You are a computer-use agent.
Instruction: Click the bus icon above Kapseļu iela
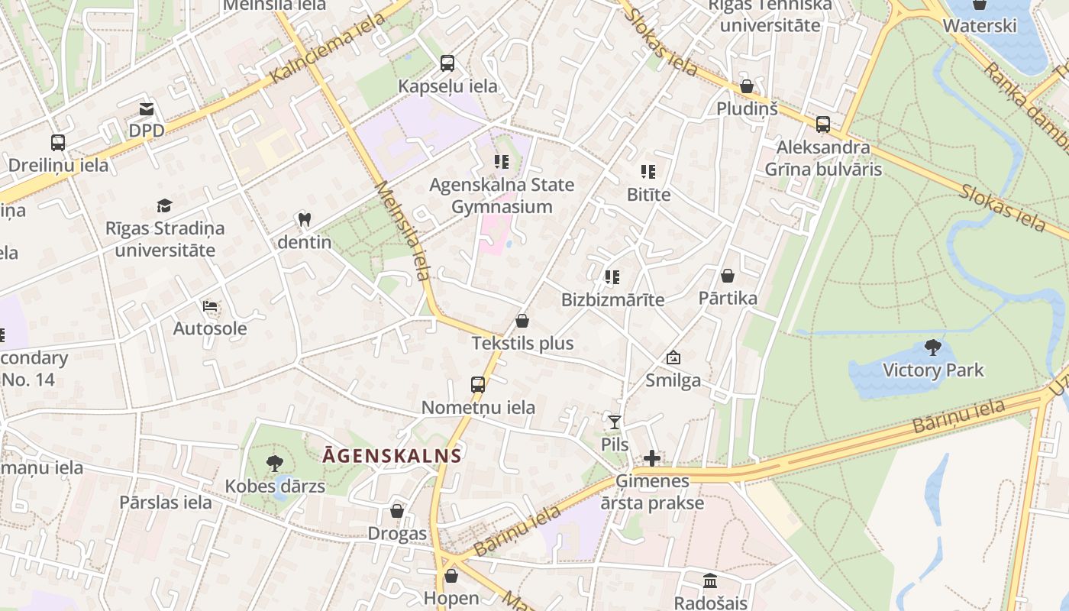pos(447,63)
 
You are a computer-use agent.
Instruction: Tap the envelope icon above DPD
pos(147,109)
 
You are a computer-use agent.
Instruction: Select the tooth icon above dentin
pos(304,220)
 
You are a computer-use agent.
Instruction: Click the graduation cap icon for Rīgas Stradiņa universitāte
pos(164,205)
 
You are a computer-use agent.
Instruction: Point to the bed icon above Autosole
pos(210,306)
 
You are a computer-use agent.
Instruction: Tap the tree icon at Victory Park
pos(932,348)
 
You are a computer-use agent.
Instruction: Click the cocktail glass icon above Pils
pos(615,422)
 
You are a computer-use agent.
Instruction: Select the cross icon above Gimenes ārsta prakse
pos(652,458)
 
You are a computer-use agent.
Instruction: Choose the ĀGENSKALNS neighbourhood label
pos(392,456)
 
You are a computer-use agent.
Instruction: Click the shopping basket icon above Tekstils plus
pos(522,321)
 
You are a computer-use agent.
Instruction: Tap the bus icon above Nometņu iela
pos(478,385)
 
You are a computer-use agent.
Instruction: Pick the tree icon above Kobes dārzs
pos(274,463)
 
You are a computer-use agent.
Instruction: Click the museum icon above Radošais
pos(710,580)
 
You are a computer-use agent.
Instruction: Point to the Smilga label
pos(673,380)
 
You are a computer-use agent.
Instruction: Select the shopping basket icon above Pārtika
pos(728,276)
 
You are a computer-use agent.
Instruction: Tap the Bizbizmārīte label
pos(612,299)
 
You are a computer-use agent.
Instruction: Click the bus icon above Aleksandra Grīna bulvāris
pos(823,124)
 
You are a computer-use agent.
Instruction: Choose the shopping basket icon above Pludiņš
pos(747,86)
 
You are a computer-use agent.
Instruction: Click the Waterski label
pos(980,26)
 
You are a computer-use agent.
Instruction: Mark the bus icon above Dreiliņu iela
pos(58,143)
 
